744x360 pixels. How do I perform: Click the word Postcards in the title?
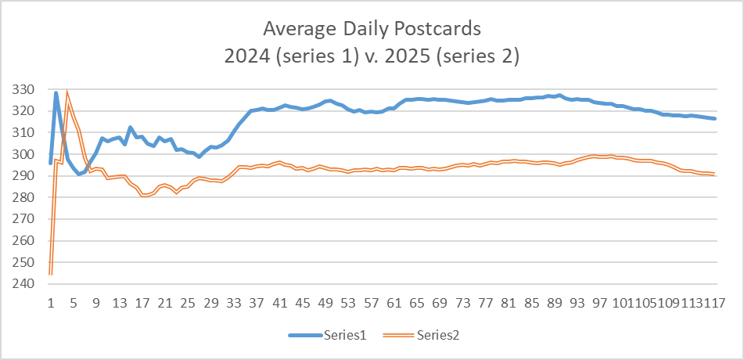coord(436,29)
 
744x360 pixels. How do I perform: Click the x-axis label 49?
coord(327,304)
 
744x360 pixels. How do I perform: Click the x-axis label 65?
coord(419,304)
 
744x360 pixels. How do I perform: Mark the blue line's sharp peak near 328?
coord(56,93)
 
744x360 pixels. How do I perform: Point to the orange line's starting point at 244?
coord(50,274)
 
